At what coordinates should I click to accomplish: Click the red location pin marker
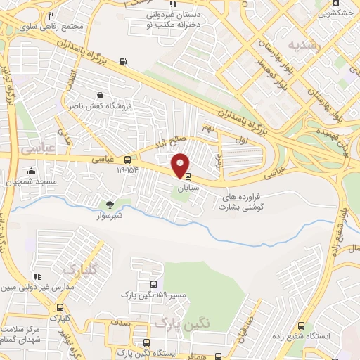click(181, 165)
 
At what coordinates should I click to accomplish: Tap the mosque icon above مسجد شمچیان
click(30, 171)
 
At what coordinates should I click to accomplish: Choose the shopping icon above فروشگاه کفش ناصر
click(101, 95)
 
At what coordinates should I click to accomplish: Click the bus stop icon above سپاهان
click(188, 177)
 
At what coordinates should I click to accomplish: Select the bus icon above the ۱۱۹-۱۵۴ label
click(127, 159)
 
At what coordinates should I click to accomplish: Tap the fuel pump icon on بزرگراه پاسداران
click(124, 61)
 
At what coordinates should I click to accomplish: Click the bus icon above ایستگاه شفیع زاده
click(301, 326)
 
